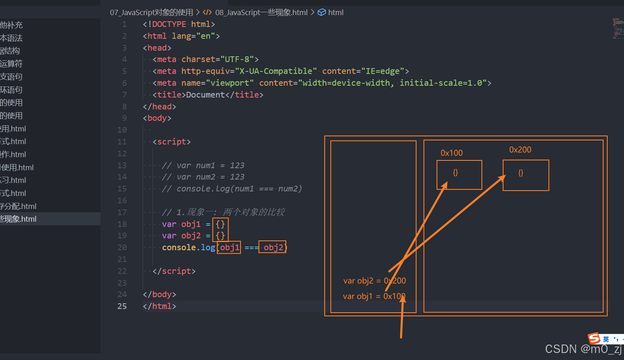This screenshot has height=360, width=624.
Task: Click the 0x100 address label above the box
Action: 451,153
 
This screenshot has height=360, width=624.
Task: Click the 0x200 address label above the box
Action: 520,150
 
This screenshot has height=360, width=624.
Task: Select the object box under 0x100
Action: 459,175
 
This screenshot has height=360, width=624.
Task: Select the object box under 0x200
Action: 526,175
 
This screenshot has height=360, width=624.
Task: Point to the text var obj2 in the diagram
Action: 358,281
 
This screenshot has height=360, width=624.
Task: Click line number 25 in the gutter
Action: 122,306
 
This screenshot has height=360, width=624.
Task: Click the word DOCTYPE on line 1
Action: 169,24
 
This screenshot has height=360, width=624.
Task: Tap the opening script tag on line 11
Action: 172,142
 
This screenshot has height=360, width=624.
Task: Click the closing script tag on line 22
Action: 174,271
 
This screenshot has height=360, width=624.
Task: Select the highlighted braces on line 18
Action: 220,224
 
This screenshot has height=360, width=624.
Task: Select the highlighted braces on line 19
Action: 220,236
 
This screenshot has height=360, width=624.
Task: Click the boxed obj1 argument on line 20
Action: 230,247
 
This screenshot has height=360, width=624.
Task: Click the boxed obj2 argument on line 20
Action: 273,247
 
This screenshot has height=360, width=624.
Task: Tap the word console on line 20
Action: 179,247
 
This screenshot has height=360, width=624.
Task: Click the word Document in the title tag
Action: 205,95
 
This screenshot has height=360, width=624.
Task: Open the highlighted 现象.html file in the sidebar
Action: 18,219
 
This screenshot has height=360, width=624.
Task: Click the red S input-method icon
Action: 594,338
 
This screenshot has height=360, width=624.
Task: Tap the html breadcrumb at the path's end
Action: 335,12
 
